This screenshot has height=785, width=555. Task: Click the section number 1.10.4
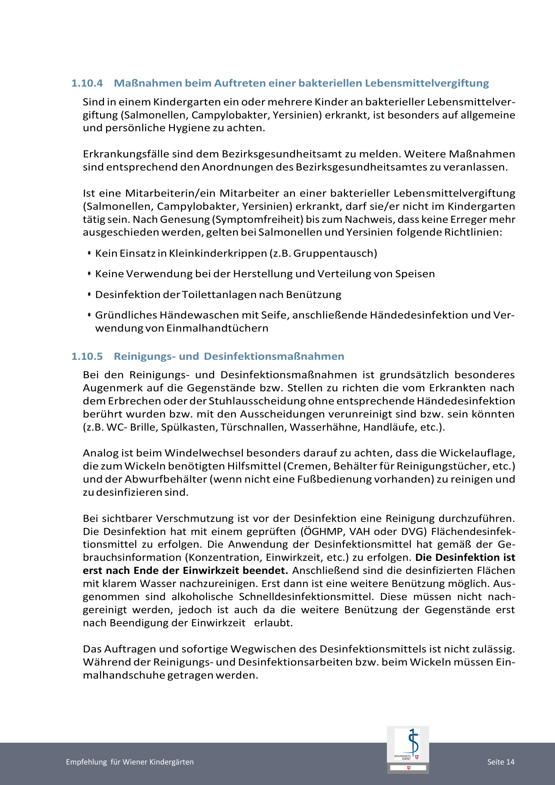87,83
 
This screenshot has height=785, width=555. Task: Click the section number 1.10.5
87,356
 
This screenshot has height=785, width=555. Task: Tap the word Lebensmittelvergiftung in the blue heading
427,83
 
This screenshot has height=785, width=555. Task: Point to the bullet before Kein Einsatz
89,253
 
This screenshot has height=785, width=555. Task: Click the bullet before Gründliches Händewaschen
89,315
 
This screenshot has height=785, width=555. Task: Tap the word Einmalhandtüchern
217,328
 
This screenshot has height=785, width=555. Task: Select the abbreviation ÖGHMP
323,532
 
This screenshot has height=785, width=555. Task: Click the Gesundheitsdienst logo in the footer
407,749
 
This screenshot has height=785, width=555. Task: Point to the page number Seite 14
501,762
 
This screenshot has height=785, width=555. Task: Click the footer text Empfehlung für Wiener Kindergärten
130,762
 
